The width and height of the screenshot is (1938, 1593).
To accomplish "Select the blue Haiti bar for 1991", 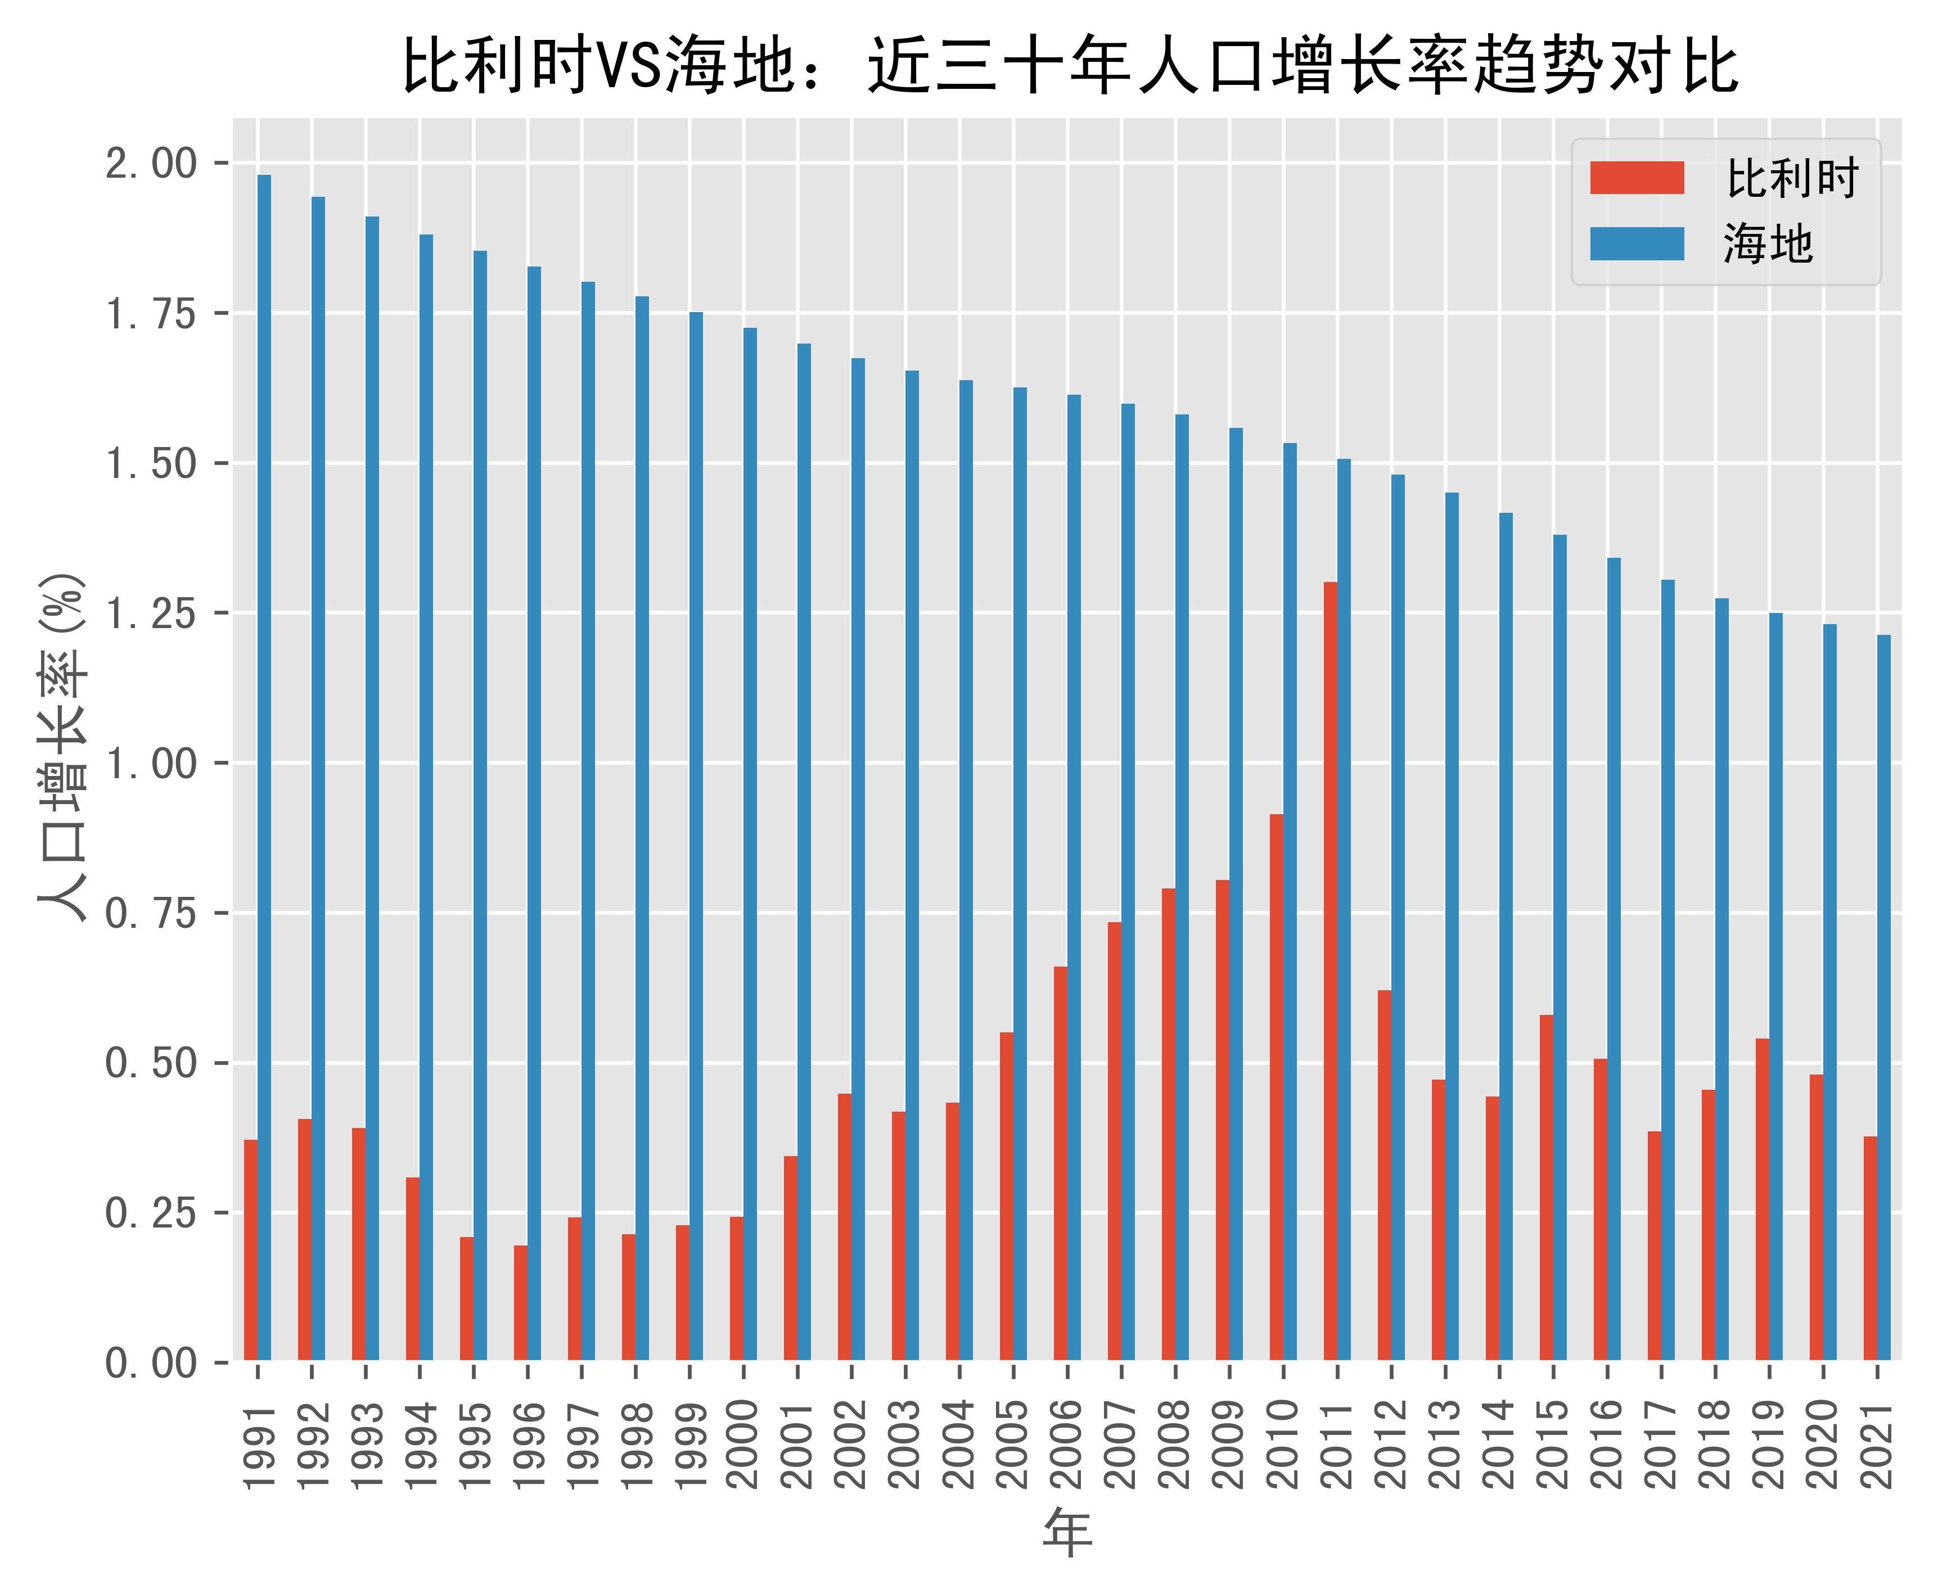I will point(264,767).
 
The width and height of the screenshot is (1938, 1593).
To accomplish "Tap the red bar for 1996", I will point(520,1302).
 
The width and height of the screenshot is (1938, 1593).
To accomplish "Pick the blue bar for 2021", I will point(1884,998).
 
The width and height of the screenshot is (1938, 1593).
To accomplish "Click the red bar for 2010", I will point(1277,1087).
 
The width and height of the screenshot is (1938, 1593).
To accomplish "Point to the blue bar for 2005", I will point(1020,874).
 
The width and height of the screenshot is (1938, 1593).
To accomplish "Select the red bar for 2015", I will point(1546,1188).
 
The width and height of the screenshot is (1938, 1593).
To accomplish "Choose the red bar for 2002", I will point(844,1227).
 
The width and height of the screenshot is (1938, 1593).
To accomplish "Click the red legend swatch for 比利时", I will point(1637,178).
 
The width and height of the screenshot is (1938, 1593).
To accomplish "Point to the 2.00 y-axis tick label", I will point(151,164).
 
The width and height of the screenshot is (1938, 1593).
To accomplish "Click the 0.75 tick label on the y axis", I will point(151,914).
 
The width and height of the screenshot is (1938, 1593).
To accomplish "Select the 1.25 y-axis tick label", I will point(151,614).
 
